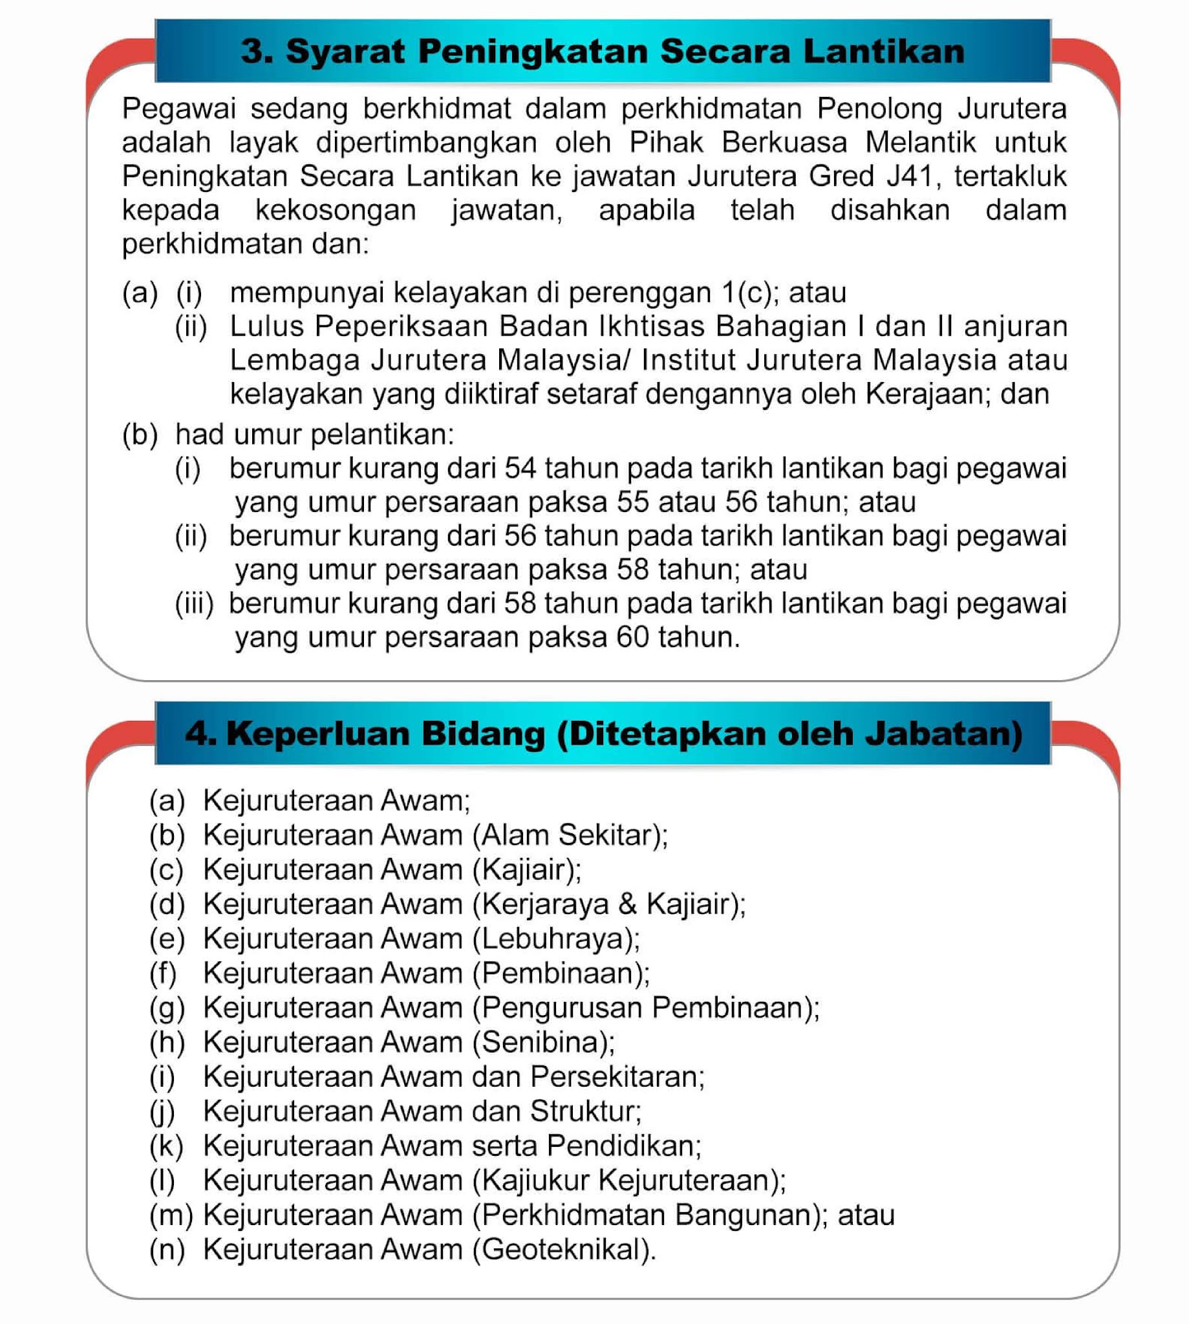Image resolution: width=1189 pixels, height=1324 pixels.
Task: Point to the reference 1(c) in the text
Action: click(x=749, y=293)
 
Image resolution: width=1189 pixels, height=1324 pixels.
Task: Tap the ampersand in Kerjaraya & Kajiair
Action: click(x=627, y=904)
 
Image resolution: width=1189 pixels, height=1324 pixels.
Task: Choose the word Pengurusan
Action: click(x=561, y=1008)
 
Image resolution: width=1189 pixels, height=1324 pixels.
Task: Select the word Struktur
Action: click(x=584, y=1111)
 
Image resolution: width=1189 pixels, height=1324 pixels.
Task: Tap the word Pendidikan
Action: click(x=624, y=1146)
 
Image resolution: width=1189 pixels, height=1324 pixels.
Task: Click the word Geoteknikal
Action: click(x=563, y=1250)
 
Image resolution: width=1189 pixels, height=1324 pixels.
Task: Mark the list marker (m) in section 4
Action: click(x=171, y=1215)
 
